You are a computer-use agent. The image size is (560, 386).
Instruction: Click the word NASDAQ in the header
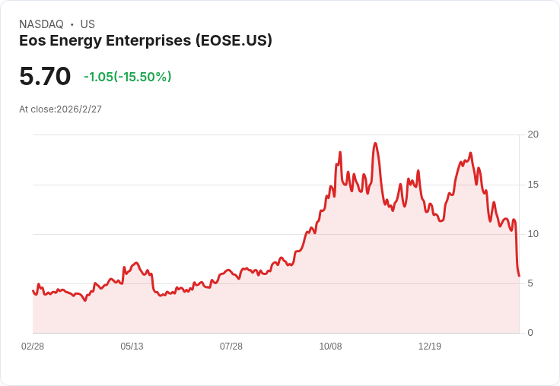click(x=41, y=24)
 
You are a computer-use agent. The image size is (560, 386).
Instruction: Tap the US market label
click(x=87, y=24)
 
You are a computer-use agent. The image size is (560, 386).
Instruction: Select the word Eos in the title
click(x=32, y=41)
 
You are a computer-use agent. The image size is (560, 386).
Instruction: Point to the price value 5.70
click(x=45, y=76)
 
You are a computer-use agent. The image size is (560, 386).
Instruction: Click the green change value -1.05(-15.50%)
click(x=128, y=77)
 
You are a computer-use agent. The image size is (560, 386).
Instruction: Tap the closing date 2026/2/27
click(x=79, y=109)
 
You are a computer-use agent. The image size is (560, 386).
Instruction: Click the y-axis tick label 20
click(x=533, y=134)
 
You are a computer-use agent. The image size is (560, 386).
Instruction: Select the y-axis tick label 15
click(x=533, y=185)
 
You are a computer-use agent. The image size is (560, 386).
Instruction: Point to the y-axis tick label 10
click(x=533, y=234)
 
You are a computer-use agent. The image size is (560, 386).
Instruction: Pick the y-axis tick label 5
click(x=531, y=283)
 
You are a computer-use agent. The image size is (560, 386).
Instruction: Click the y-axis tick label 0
click(x=531, y=333)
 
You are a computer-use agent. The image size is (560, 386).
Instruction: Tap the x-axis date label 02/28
click(x=33, y=346)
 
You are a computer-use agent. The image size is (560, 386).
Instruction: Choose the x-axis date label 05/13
click(x=132, y=346)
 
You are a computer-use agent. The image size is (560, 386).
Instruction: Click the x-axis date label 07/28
click(x=231, y=346)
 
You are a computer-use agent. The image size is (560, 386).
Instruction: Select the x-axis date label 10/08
click(x=330, y=346)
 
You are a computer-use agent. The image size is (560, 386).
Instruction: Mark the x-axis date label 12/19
click(x=430, y=346)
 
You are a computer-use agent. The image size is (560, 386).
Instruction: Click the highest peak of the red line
click(x=375, y=144)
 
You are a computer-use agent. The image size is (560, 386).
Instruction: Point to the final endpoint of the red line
click(x=519, y=276)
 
